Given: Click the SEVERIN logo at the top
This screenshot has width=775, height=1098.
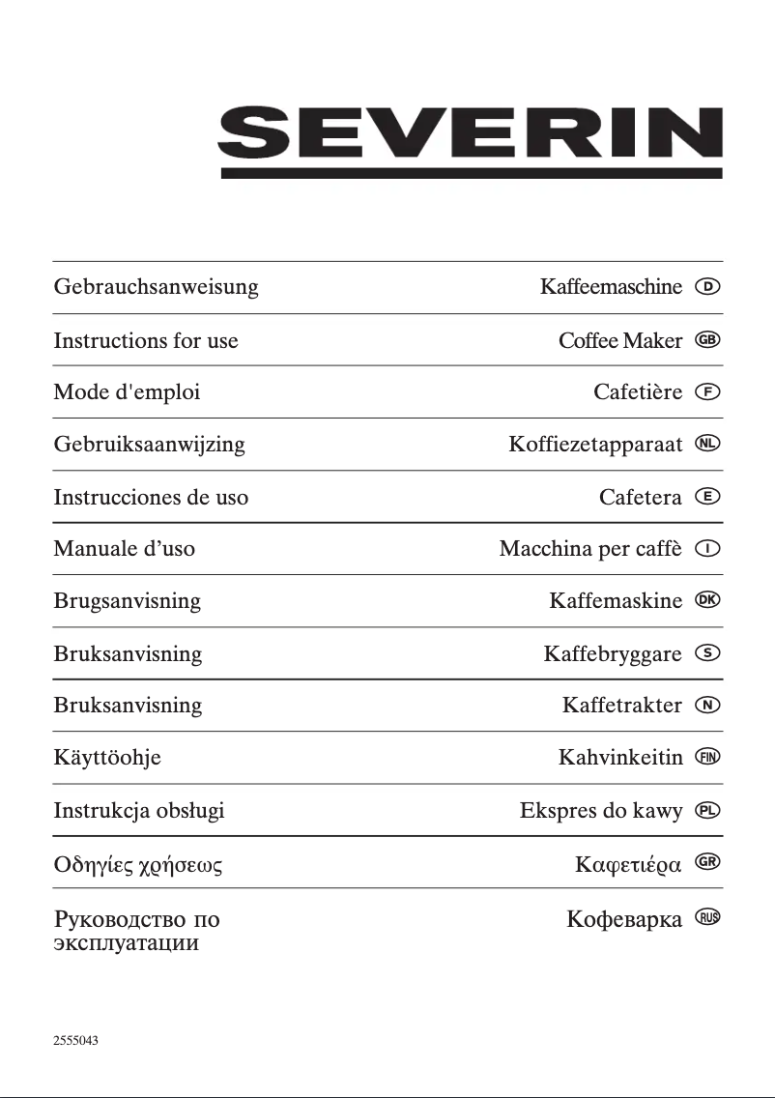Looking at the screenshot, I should click(472, 141).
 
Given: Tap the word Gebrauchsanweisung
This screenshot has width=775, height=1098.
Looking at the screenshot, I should click(157, 287).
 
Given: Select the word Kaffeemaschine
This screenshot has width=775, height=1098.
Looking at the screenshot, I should click(611, 287).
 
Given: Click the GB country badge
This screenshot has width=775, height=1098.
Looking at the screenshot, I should click(708, 340).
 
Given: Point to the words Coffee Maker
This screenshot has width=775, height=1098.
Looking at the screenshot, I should click(620, 340).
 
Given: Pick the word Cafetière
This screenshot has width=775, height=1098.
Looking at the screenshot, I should click(638, 392).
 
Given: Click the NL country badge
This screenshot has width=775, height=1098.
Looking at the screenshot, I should click(708, 444).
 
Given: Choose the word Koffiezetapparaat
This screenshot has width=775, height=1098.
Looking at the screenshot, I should click(595, 445).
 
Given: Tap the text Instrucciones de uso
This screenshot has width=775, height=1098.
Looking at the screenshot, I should click(151, 497).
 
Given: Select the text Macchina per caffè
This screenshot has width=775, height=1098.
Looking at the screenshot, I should click(590, 549).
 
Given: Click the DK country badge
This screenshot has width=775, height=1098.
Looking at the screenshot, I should click(708, 600).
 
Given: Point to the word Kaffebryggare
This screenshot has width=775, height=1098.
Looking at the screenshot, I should click(613, 654).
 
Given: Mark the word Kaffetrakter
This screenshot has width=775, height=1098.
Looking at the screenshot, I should click(621, 706).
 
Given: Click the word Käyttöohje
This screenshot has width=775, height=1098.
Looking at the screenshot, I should click(107, 758).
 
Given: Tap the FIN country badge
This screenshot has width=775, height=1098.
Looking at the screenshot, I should click(708, 757).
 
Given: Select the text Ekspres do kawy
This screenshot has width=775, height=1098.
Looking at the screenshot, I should click(601, 810).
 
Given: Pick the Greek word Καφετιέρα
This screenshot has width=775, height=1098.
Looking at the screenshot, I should click(628, 863).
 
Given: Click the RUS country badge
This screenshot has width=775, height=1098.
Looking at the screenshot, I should click(708, 917).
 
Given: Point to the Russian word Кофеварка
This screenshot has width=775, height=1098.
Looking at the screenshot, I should click(624, 918).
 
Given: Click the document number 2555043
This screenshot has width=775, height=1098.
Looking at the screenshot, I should click(75, 1041).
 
